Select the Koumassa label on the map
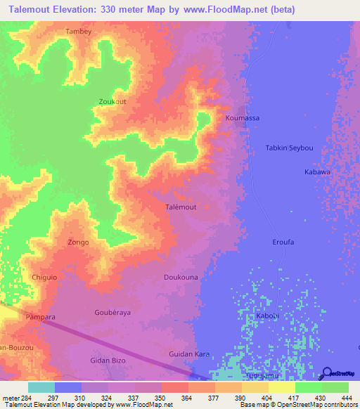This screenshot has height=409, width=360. coord(242,118)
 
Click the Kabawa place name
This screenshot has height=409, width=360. coord(316,171)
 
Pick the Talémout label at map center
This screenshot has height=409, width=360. coord(180,207)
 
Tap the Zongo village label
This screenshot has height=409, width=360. coord(78,242)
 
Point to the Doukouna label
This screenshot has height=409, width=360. coord(181,278)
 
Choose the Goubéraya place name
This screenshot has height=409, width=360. coord(112,312)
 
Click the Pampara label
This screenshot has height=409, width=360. coord(40,317)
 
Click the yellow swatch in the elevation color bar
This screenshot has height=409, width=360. coord(281,387)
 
